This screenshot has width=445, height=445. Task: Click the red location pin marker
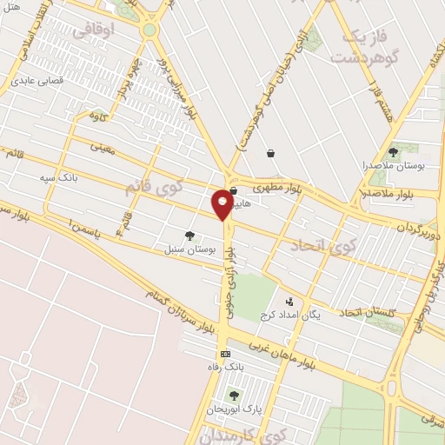[222, 203]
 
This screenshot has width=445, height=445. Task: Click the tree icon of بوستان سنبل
[189, 235]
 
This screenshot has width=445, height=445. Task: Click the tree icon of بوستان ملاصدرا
[393, 152]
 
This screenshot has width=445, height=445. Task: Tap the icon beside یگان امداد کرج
[289, 302]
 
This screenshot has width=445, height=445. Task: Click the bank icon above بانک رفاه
[225, 354]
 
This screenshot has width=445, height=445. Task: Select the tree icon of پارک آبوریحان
[234, 395]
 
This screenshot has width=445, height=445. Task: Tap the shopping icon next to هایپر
[233, 190]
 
